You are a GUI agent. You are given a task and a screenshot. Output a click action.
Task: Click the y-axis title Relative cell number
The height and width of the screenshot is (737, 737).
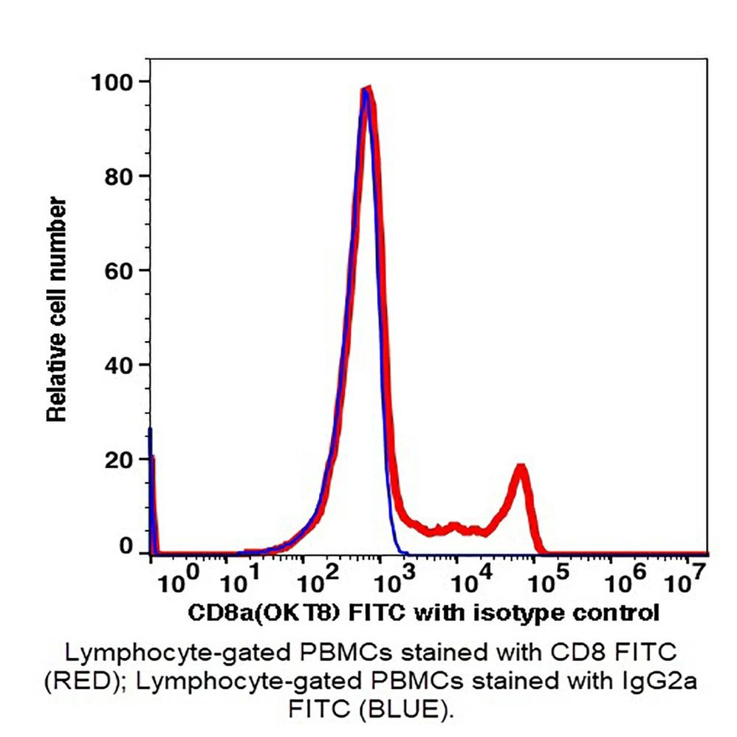(58, 310)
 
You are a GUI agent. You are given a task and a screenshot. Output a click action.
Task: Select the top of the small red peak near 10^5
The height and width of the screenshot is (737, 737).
(521, 468)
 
